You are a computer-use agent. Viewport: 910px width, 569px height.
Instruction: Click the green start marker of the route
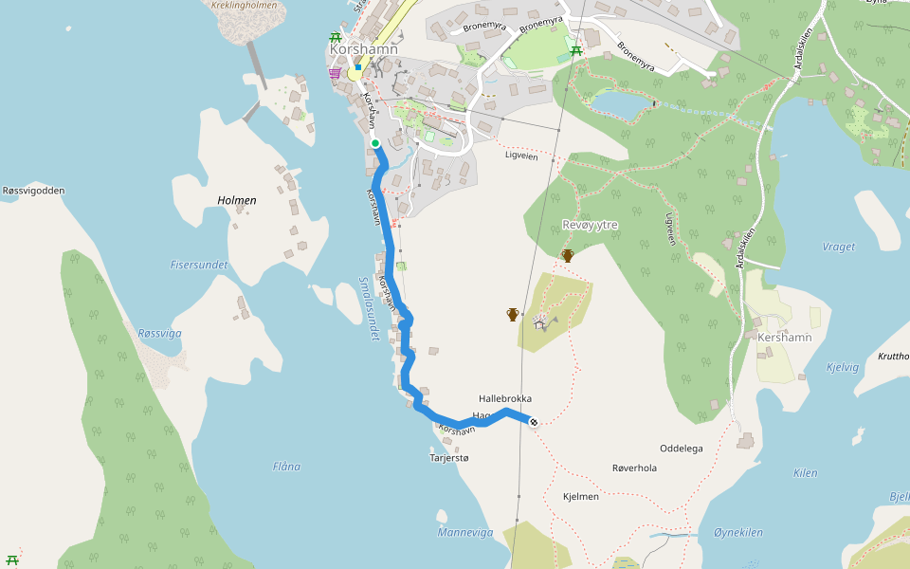[375, 143]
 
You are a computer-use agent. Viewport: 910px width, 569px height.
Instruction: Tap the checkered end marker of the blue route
[534, 422]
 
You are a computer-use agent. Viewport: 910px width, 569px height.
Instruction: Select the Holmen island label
[237, 200]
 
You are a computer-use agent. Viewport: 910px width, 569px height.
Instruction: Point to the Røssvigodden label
[34, 191]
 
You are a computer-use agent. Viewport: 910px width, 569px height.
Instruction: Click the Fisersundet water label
[199, 265]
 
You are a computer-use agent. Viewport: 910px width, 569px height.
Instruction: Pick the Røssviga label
[159, 333]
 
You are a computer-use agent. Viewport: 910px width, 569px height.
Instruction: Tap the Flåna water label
[286, 466]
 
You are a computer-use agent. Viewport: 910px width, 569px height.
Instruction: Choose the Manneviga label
[465, 532]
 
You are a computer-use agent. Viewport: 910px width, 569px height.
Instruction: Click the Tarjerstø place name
[449, 458]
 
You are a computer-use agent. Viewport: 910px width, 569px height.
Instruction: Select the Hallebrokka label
[505, 399]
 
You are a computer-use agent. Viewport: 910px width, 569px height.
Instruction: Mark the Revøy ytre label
[591, 225]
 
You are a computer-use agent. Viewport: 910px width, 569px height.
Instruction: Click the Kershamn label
[784, 338]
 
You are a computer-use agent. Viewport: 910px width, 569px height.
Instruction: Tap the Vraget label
[838, 247]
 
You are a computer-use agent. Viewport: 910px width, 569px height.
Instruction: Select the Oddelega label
[682, 448]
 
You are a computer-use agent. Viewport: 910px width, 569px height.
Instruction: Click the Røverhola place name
[634, 468]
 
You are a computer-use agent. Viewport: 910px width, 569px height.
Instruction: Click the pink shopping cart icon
[335, 72]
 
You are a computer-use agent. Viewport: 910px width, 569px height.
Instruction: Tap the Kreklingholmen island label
[245, 6]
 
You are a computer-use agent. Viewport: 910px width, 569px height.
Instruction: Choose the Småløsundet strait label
[370, 308]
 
